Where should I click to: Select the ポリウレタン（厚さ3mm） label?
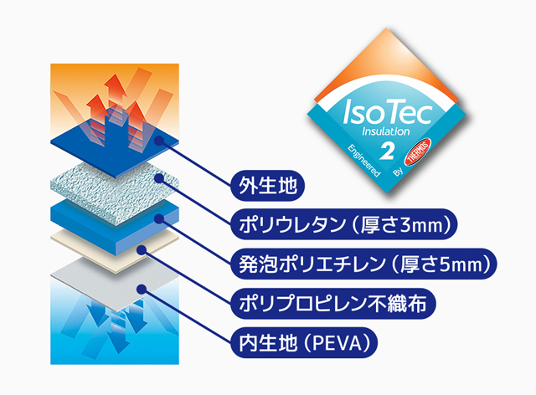pyautogui.click(x=346, y=223)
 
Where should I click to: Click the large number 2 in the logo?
pyautogui.click(x=387, y=151)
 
